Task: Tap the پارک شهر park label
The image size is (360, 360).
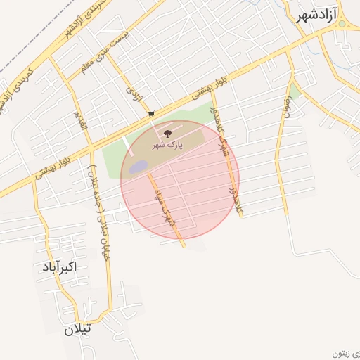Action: click(x=168, y=144)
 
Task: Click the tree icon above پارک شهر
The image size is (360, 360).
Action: click(x=167, y=133)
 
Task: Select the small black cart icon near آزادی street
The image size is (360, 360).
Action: click(x=151, y=113)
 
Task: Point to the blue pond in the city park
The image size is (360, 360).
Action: click(x=139, y=167)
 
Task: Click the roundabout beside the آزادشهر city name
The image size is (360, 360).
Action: click(x=342, y=23)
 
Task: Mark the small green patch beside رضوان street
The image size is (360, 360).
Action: click(x=295, y=92)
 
